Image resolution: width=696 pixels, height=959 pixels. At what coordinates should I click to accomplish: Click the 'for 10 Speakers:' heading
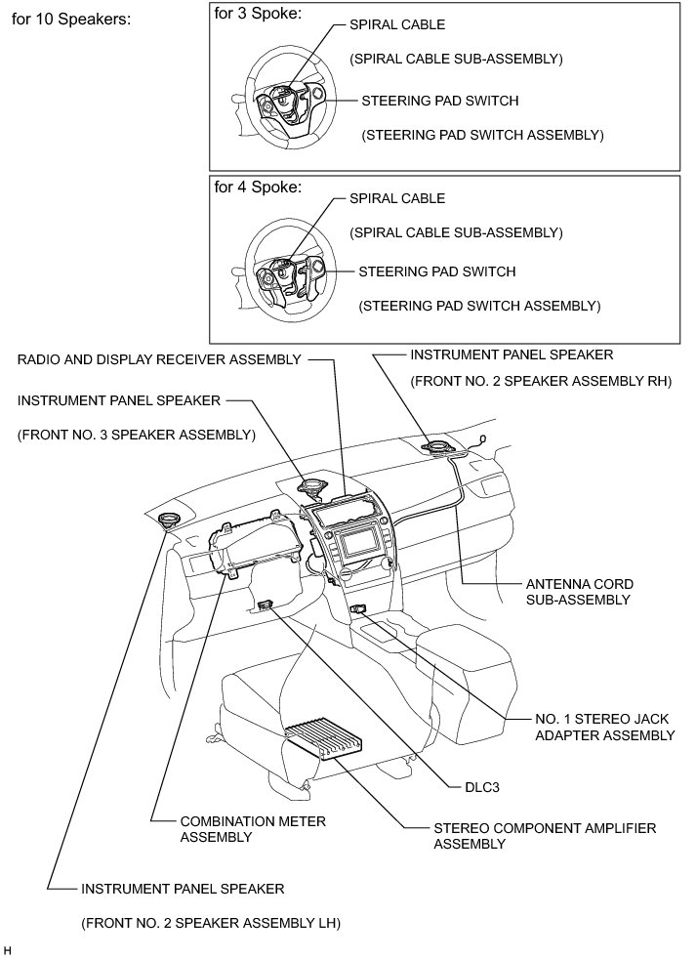(70, 19)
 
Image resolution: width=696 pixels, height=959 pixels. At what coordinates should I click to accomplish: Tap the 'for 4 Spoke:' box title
(258, 187)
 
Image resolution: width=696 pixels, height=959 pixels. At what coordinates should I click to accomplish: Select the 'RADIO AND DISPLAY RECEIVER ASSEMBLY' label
(159, 359)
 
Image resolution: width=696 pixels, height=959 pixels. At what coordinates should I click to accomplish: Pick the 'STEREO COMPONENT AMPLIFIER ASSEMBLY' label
(544, 836)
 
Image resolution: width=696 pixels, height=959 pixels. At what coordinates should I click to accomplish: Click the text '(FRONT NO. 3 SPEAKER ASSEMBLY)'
(136, 435)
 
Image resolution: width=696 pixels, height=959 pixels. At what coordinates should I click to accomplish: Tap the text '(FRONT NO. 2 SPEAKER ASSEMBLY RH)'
(541, 382)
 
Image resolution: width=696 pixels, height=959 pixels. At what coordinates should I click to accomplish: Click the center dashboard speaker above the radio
(314, 484)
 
